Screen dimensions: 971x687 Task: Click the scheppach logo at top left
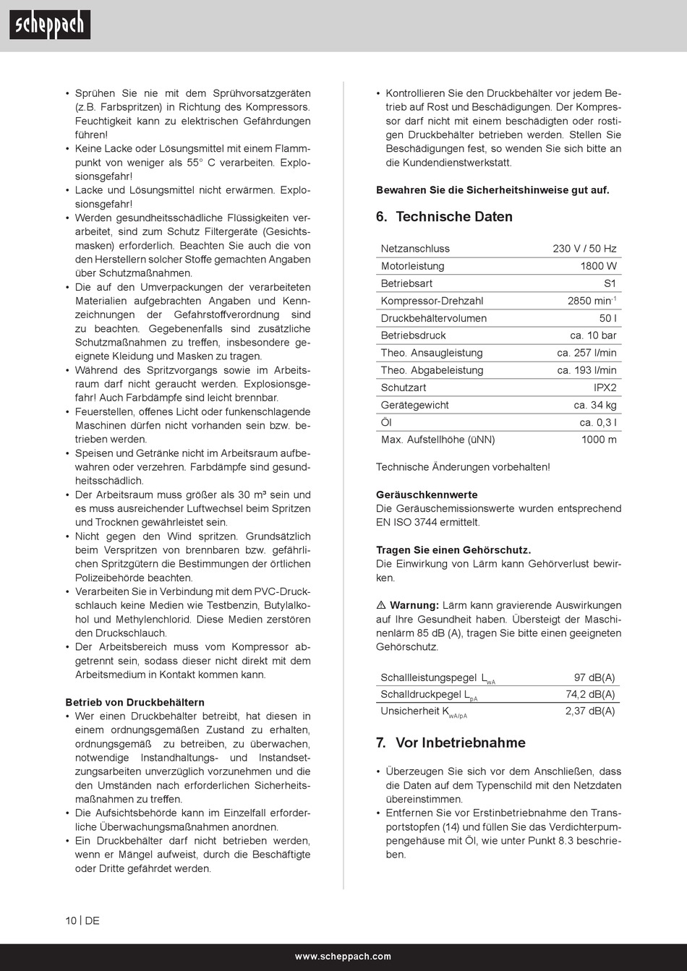pyautogui.click(x=50, y=25)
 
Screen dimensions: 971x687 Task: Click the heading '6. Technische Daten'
pyautogui.click(x=444, y=217)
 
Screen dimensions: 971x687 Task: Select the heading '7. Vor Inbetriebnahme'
pyautogui.click(x=451, y=743)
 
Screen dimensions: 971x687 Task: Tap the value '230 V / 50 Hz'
pyautogui.click(x=584, y=249)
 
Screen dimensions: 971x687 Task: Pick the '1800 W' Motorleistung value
pyautogui.click(x=598, y=266)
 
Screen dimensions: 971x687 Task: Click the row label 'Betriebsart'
pyautogui.click(x=406, y=283)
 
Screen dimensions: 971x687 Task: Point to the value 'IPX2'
pyautogui.click(x=605, y=388)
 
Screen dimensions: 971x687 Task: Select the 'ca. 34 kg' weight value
pyautogui.click(x=595, y=405)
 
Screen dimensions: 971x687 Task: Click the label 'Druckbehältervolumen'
pyautogui.click(x=434, y=318)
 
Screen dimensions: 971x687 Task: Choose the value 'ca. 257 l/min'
pyautogui.click(x=586, y=353)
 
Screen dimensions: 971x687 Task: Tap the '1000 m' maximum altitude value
pyautogui.click(x=599, y=440)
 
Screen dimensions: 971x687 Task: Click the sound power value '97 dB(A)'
pyautogui.click(x=594, y=677)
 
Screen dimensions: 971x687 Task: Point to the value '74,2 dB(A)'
pyautogui.click(x=590, y=694)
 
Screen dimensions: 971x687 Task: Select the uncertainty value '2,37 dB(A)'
pyautogui.click(x=590, y=711)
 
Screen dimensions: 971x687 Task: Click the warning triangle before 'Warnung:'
pyautogui.click(x=381, y=605)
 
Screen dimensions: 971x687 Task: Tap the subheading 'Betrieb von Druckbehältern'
pyautogui.click(x=135, y=702)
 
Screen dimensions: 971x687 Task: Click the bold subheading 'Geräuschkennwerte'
pyautogui.click(x=427, y=495)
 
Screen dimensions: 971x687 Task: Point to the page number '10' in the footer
pyautogui.click(x=71, y=920)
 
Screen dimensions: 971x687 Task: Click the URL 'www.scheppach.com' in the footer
pyautogui.click(x=343, y=957)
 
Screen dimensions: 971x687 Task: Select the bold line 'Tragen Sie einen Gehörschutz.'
pyautogui.click(x=453, y=550)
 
